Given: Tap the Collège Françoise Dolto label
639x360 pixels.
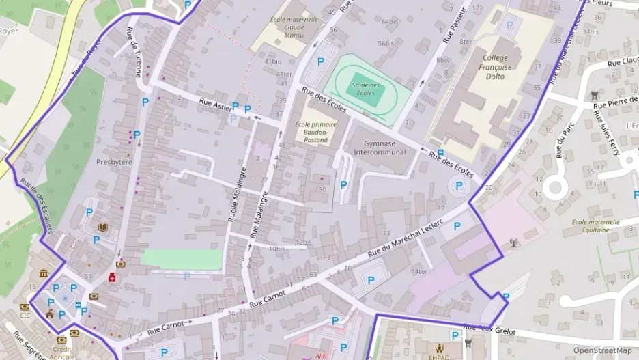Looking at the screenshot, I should pyautogui.click(x=496, y=67).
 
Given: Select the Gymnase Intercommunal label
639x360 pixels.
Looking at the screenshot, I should pyautogui.click(x=375, y=148).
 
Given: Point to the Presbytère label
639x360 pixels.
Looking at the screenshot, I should pyautogui.click(x=114, y=162).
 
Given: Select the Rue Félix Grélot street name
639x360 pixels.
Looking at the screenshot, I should pyautogui.click(x=489, y=330).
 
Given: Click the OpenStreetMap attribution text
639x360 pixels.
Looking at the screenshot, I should pyautogui.click(x=603, y=350).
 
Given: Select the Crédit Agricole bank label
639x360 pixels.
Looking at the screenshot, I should pyautogui.click(x=62, y=352).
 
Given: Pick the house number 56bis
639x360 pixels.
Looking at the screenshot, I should pyautogui.click(x=386, y=43).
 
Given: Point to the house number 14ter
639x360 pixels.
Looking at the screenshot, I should pyautogui.click(x=418, y=272).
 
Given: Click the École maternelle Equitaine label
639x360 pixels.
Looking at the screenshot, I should pyautogui.click(x=595, y=225).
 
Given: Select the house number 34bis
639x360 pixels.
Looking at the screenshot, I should pyautogui.click(x=591, y=31).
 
